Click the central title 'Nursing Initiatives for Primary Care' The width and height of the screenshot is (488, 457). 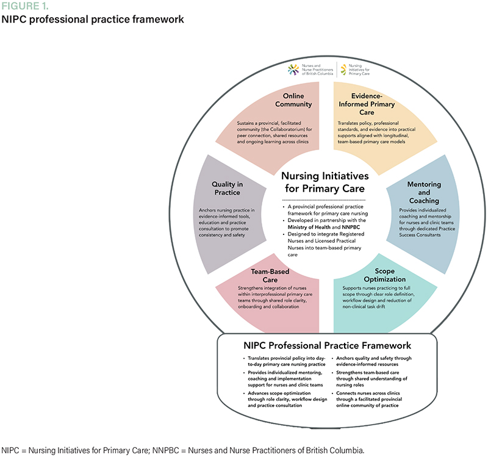point(323,181)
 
